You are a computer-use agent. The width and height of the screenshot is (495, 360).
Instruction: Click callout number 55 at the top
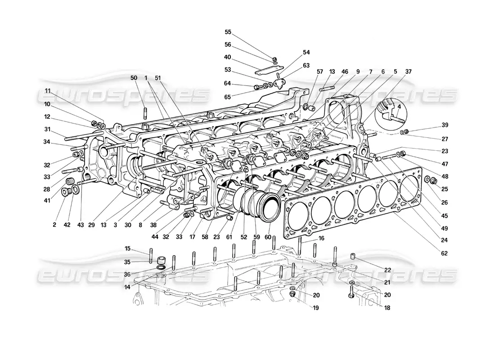pyautogui.click(x=228, y=32)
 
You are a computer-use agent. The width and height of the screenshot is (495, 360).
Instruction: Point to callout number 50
pyautogui.click(x=133, y=78)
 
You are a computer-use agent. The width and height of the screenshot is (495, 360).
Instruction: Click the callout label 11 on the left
pyautogui.click(x=48, y=90)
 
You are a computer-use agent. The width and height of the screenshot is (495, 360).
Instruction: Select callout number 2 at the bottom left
pyautogui.click(x=54, y=224)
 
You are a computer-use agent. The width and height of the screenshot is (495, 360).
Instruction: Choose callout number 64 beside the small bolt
pyautogui.click(x=228, y=83)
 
